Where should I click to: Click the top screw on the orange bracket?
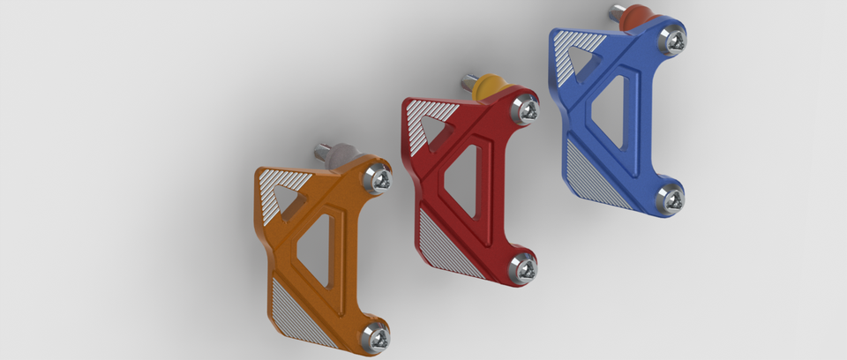[x=378, y=178]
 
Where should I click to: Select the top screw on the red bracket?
[x=527, y=109]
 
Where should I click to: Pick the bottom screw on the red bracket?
[x=524, y=266]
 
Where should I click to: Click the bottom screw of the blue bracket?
[x=671, y=198]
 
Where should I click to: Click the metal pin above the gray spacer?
[x=322, y=150]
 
